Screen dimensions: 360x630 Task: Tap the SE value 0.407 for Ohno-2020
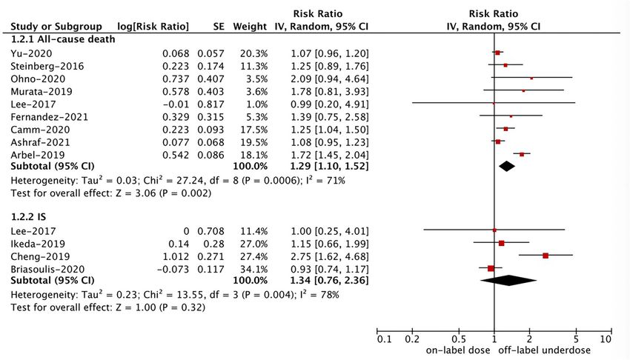pyautogui.click(x=210, y=79)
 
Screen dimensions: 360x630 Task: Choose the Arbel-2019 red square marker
pyautogui.click(x=522, y=154)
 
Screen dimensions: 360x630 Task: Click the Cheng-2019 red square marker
pyautogui.click(x=545, y=255)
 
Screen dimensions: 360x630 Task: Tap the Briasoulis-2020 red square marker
pyautogui.click(x=491, y=267)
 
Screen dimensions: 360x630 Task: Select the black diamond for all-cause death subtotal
pyautogui.click(x=507, y=167)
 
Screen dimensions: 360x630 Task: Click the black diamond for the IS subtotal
pyautogui.click(x=508, y=280)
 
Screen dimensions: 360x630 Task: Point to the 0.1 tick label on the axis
pyautogui.click(x=384, y=339)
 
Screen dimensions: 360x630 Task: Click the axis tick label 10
pyautogui.click(x=605, y=339)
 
